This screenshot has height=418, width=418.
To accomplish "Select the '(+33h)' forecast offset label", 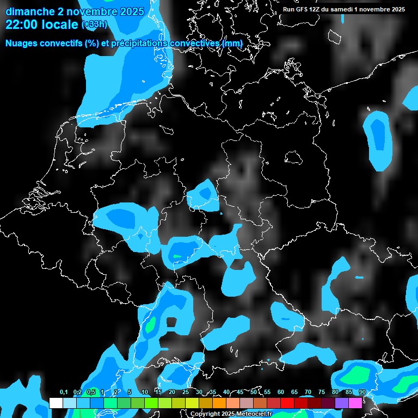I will pos(94,24).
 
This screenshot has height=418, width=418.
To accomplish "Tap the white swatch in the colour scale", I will pos(56,403).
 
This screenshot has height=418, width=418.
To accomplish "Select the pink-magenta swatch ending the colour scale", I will pos(355,403).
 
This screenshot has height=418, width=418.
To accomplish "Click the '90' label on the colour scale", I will pos(362,392).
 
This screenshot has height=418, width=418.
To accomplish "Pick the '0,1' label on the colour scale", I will pos(64,392).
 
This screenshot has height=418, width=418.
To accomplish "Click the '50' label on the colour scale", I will pos(254,392).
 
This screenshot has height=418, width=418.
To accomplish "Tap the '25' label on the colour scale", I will pos(186,392).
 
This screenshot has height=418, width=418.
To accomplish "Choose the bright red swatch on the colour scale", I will pos(287,403).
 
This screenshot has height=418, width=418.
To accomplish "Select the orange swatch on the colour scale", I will pos(219,403).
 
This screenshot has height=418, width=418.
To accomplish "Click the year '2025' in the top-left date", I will pos(131,11).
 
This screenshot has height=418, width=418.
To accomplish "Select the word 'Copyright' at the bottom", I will pos(205,414).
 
